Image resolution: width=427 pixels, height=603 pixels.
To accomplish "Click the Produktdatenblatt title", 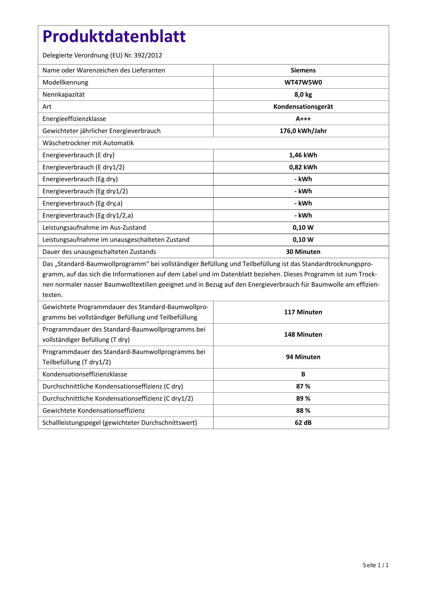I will (114, 36).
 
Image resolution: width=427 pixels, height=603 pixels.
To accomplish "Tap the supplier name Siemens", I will (303, 70).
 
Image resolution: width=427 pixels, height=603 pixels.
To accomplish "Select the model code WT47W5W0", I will (303, 82).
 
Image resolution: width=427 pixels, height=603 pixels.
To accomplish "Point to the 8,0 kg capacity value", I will (303, 95).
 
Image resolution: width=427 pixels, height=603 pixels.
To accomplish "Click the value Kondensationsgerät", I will (303, 107).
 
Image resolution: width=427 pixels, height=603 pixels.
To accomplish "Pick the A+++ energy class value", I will (303, 119).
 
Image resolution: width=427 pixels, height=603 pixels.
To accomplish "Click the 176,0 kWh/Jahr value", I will (303, 131).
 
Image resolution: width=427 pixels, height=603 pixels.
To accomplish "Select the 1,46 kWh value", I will (303, 155).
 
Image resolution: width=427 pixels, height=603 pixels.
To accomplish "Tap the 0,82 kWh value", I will (303, 167).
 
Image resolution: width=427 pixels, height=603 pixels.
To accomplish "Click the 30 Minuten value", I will (303, 252).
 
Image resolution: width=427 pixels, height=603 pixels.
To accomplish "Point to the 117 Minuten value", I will (303, 312).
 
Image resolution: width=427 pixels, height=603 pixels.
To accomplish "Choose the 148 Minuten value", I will (303, 334).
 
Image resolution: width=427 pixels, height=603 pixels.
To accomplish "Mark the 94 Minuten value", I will (303, 357).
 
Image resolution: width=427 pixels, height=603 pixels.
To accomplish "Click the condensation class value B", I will (303, 374).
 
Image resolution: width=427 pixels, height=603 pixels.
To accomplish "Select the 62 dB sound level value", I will (303, 423).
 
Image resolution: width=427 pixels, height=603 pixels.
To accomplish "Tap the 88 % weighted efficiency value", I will (303, 410).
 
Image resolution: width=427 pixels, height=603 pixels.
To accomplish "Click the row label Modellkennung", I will (65, 82).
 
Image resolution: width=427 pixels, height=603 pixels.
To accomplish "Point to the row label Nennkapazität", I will (63, 95).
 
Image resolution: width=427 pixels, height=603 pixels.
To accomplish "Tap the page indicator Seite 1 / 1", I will (375, 573).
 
